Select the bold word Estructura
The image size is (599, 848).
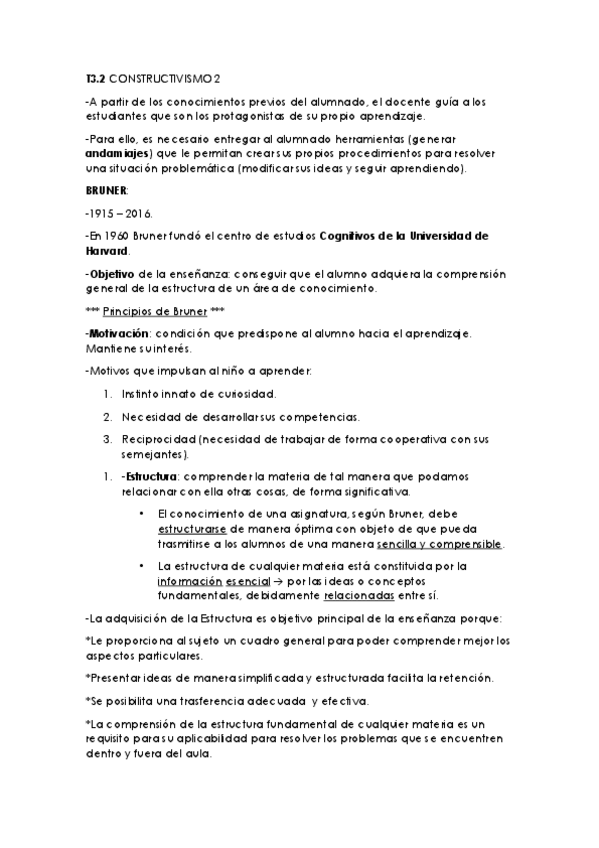coord(149,475)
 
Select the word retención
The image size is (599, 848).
coord(462,677)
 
